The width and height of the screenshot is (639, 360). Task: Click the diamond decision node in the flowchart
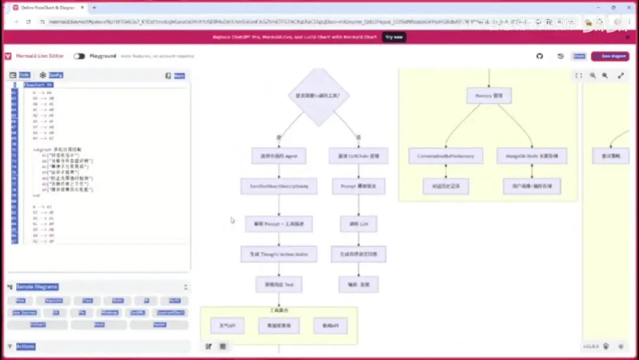(x=318, y=96)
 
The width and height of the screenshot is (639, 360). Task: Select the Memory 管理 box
(x=489, y=96)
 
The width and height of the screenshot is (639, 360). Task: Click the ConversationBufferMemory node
(x=446, y=156)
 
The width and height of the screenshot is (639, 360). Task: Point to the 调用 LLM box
(x=359, y=224)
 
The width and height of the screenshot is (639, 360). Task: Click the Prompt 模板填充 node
(x=359, y=187)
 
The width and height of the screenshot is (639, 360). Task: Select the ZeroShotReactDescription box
(x=279, y=187)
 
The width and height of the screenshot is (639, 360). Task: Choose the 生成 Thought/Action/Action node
(x=279, y=255)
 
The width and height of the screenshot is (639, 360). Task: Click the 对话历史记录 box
(x=446, y=187)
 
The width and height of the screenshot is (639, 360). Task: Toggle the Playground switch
(x=79, y=56)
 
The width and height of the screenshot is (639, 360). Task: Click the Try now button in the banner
(x=394, y=37)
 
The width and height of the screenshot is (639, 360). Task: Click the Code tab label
(x=24, y=75)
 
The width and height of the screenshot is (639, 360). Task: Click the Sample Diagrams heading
(x=37, y=287)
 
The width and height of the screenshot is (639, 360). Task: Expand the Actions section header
(x=25, y=346)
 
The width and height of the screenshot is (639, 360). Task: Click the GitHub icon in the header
(x=540, y=56)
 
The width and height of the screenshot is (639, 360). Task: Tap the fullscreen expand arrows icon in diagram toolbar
(x=621, y=76)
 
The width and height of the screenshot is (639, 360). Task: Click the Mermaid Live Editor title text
(x=40, y=56)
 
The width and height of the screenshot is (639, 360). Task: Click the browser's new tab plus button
(x=95, y=8)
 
